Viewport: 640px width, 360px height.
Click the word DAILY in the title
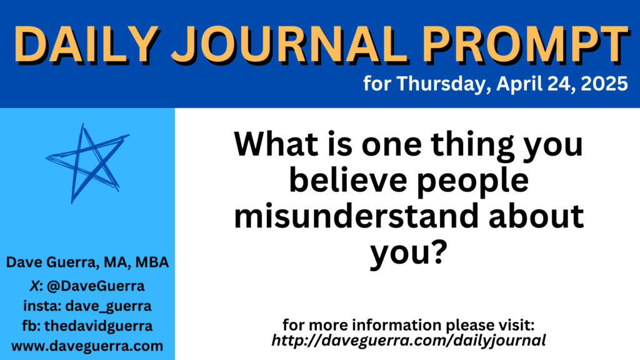coord(86,44)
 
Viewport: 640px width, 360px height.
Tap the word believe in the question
coord(347,179)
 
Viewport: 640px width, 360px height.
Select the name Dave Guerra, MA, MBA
coord(87,262)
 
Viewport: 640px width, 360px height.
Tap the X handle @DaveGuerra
coord(96,286)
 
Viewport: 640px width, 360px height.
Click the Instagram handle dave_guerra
coord(108,306)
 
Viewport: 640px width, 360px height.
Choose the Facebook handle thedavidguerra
coord(98,326)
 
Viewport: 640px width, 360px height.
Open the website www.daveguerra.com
coord(87,346)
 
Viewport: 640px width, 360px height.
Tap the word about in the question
coord(536,216)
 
